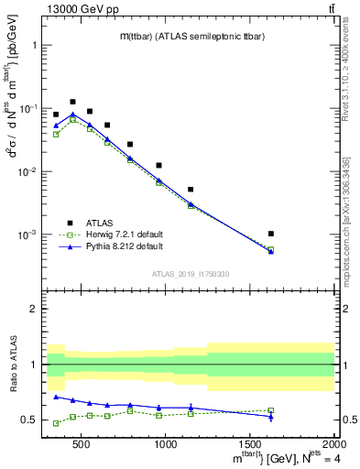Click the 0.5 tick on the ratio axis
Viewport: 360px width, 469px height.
pyautogui.click(x=34, y=420)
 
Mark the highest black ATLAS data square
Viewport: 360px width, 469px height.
pyautogui.click(x=72, y=102)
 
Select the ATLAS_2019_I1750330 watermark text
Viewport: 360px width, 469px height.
pyautogui.click(x=191, y=274)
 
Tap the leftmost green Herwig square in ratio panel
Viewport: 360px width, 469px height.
pyautogui.click(x=56, y=423)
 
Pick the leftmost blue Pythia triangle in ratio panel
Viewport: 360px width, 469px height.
pyautogui.click(x=56, y=397)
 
